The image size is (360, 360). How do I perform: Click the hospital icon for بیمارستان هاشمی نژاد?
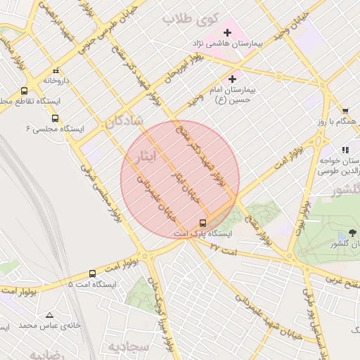click(227, 32)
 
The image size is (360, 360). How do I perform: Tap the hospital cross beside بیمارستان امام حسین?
click(233, 79)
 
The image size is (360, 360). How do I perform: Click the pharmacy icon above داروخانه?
click(56, 70)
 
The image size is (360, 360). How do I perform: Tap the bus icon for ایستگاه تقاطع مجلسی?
click(25, 91)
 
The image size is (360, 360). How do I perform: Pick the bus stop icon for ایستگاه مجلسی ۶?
click(56, 119)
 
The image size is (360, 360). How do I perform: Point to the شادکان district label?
click(124, 122)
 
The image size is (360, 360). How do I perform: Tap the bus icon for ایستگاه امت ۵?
click(92, 274)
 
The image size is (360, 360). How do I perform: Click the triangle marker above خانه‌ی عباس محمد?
click(49, 315)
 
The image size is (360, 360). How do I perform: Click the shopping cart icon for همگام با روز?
click(345, 110)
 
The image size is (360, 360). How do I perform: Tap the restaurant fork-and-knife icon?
click(345, 150)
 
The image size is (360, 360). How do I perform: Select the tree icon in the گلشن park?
click(351, 233)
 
